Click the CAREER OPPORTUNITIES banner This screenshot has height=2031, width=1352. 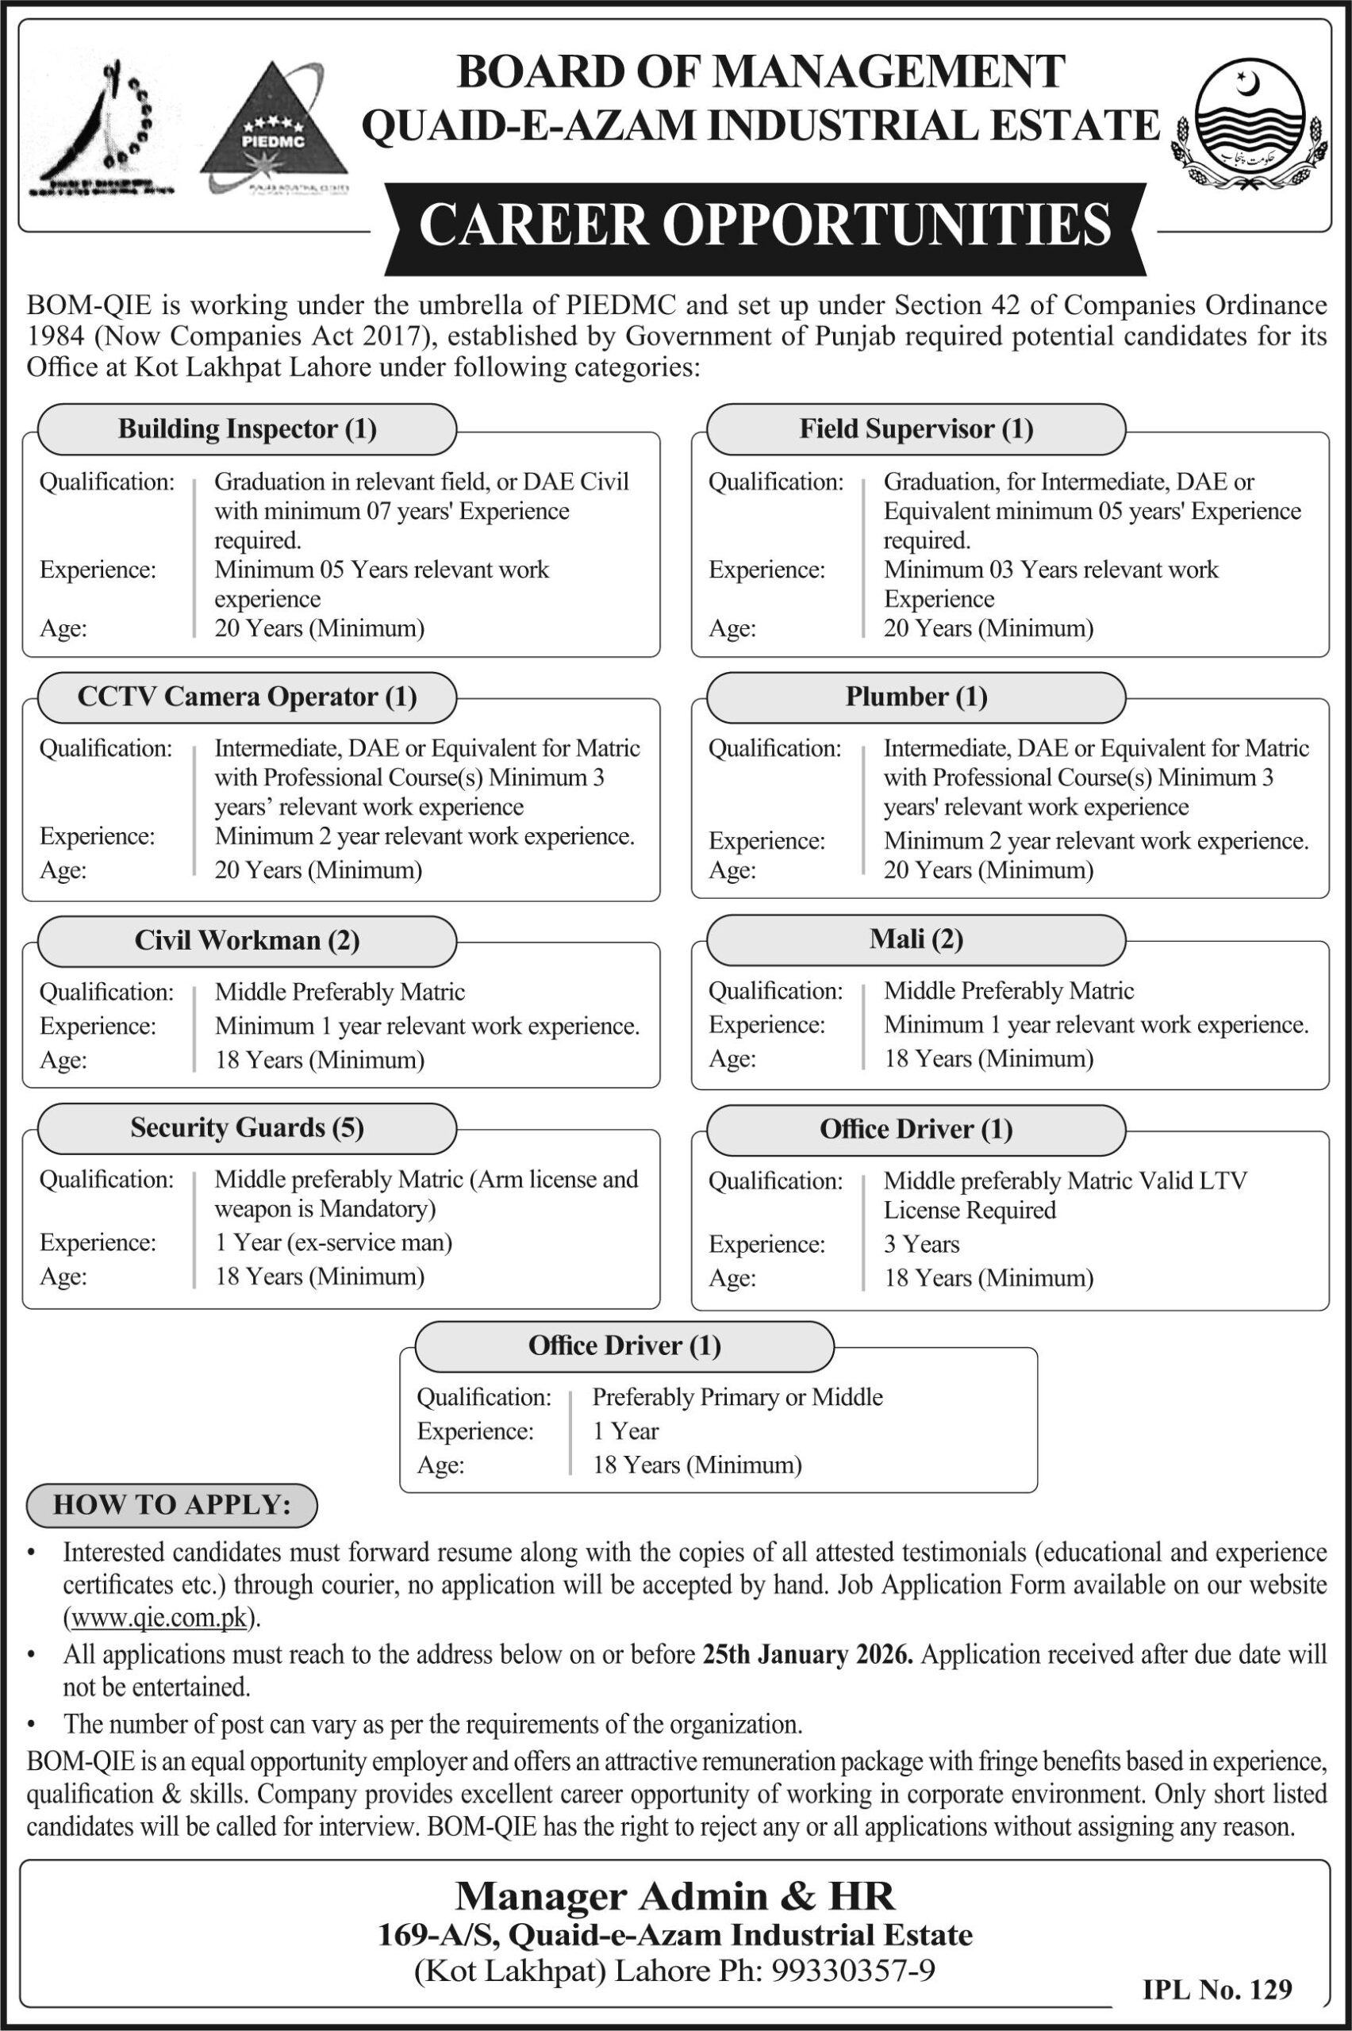tap(764, 226)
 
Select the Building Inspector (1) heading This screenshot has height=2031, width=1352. tap(248, 429)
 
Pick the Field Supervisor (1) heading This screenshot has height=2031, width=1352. tap(916, 429)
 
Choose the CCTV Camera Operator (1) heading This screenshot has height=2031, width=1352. tap(248, 697)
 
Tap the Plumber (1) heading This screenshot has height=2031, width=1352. tap(916, 697)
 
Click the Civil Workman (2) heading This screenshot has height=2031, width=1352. tap(248, 939)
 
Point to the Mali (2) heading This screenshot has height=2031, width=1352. tap(916, 939)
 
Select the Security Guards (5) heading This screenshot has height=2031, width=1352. tap(248, 1127)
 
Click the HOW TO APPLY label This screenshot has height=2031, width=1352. tap(172, 1504)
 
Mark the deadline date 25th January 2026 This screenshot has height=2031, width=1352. tap(807, 1654)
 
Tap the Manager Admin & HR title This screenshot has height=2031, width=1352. tap(675, 1895)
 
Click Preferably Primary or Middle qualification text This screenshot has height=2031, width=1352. tap(737, 1396)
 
